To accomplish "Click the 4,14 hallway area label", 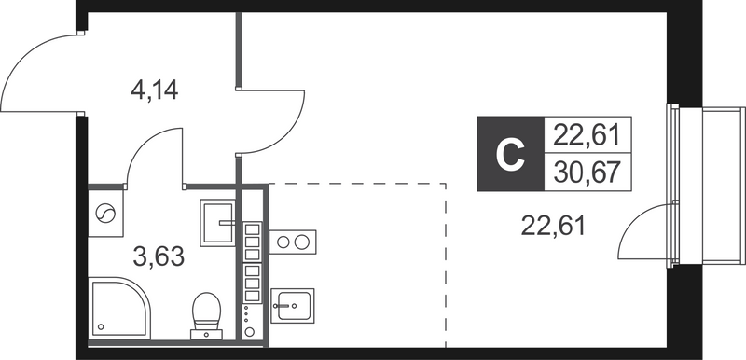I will pyautogui.click(x=154, y=91).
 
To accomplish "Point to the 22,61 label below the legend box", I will pyautogui.click(x=554, y=225).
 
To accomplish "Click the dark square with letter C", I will pyautogui.click(x=508, y=154).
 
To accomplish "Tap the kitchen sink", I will pyautogui.click(x=293, y=304).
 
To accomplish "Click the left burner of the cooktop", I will pyautogui.click(x=283, y=242).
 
